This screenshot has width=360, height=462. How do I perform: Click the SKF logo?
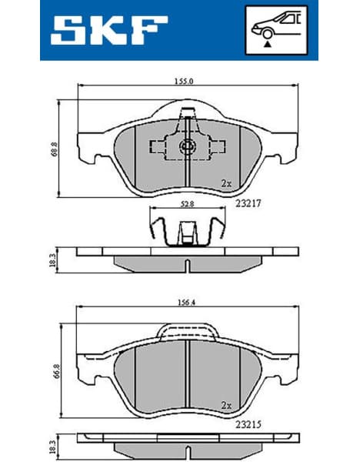(x=109, y=31)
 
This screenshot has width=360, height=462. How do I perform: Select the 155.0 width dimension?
(x=183, y=80)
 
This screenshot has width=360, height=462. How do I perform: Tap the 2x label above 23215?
(x=225, y=404)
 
